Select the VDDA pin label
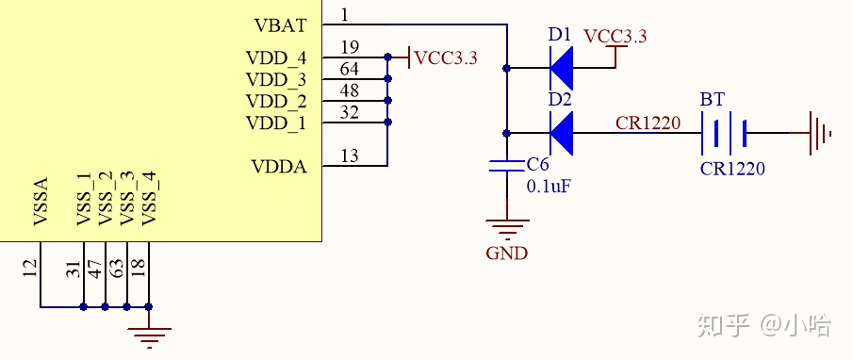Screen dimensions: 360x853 point(278,166)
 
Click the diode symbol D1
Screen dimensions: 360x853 point(562,68)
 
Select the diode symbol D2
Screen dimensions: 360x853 point(562,132)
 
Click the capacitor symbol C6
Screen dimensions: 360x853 point(507,167)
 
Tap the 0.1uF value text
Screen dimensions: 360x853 point(549,186)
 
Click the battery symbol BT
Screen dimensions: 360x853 point(724,133)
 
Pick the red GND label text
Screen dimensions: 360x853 point(506,253)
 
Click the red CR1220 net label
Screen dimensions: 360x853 point(648,123)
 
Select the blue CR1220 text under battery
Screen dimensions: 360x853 point(732,170)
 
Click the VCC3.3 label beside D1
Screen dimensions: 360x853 point(615,37)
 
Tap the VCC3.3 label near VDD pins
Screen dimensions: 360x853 point(446,58)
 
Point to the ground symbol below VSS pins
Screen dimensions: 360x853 point(149,334)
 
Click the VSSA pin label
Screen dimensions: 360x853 point(41,203)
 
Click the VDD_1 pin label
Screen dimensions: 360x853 point(276,123)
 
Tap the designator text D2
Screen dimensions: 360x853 point(560,99)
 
